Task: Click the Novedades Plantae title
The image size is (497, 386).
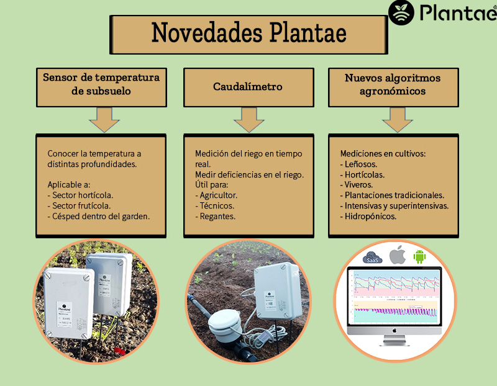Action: point(249,34)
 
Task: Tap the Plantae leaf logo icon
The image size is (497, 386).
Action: point(401,12)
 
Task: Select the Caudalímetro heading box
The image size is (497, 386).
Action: point(248,87)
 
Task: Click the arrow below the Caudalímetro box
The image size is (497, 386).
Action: point(248,120)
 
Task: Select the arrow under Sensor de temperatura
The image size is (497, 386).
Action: point(104,120)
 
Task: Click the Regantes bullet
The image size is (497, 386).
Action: point(215,217)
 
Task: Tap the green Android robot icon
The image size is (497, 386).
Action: point(420,255)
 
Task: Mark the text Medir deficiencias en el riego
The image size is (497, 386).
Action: point(249,174)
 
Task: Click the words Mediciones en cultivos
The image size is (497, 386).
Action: point(383,153)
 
